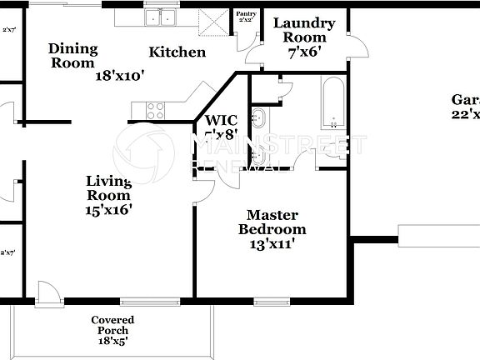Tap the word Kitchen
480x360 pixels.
(177, 52)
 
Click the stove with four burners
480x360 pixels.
(156, 106)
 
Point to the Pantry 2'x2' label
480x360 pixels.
(246, 17)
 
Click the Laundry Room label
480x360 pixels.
(304, 30)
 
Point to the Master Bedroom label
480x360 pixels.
(272, 221)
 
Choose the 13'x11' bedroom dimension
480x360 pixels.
(272, 243)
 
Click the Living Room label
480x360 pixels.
(108, 188)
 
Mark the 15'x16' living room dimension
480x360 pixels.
(108, 211)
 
